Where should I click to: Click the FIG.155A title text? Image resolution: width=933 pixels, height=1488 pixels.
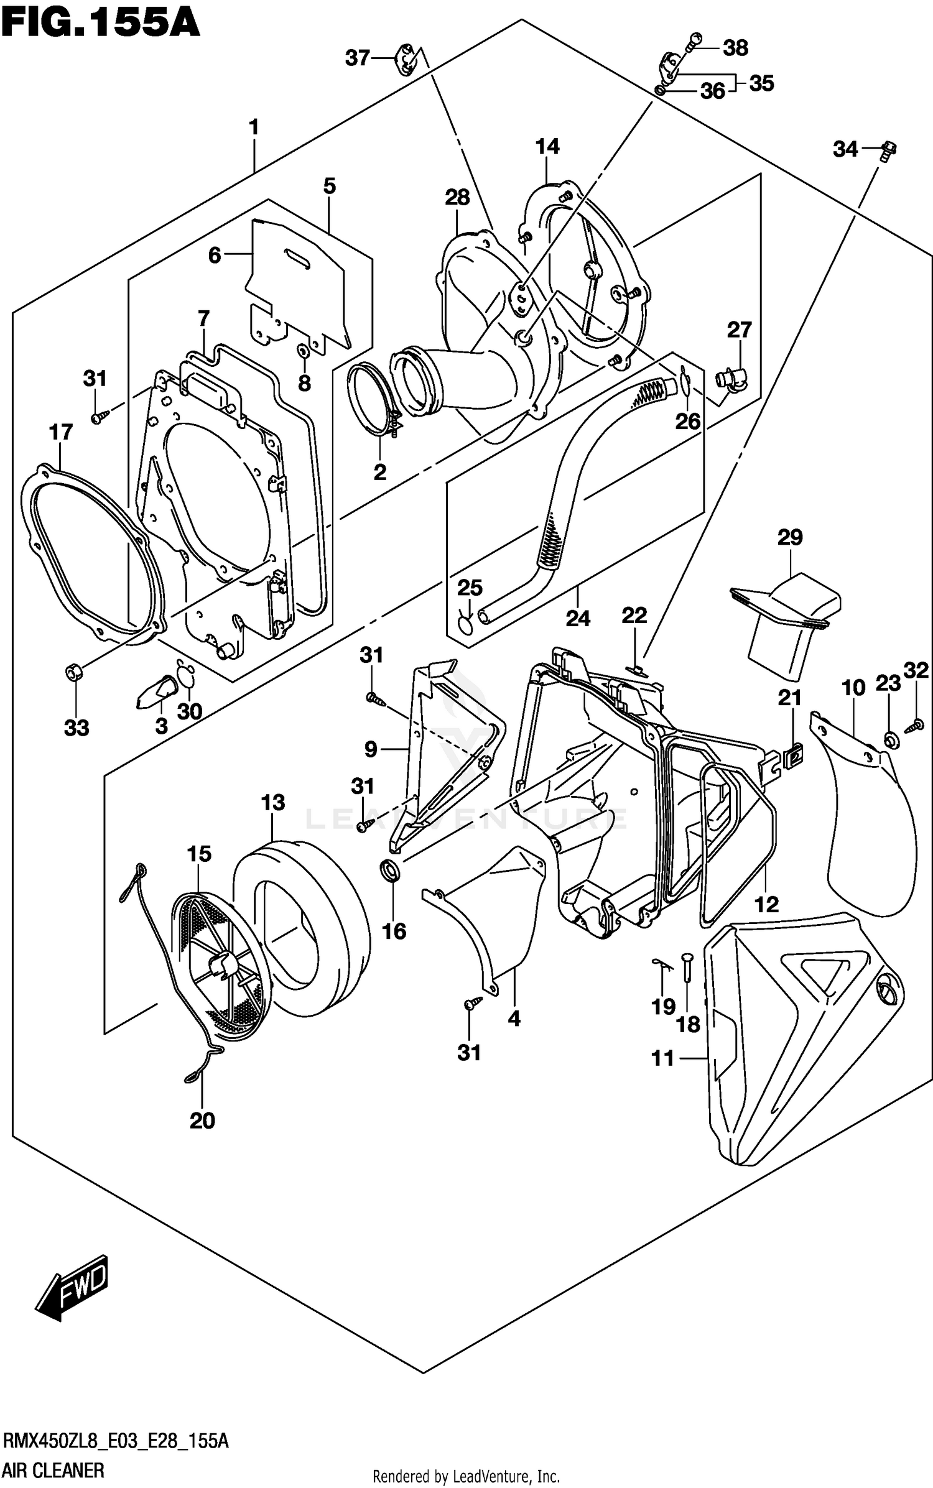[x=100, y=24]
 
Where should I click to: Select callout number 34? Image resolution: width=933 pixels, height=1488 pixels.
[x=845, y=149]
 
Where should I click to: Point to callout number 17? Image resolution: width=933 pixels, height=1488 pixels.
[x=61, y=432]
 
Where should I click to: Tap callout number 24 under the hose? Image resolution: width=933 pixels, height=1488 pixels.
[x=577, y=618]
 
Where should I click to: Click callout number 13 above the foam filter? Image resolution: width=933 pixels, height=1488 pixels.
[x=273, y=802]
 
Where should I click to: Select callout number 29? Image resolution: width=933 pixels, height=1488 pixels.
[x=790, y=537]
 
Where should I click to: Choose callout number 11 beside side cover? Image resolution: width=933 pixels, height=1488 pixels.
[x=663, y=1058]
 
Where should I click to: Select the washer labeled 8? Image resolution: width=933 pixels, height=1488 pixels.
[x=303, y=352]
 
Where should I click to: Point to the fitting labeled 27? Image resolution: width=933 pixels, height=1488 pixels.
[x=729, y=379]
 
